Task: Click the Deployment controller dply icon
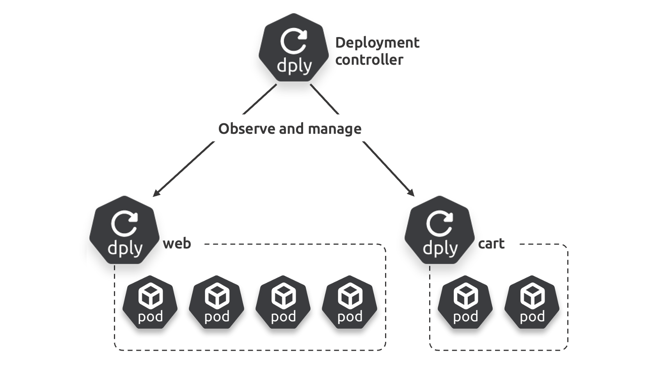(294, 48)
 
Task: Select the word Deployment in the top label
(377, 43)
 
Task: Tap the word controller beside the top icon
(369, 60)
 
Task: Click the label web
(177, 243)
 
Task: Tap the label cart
(491, 243)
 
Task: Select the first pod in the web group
(150, 302)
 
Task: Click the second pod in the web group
(217, 302)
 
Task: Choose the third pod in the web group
(283, 302)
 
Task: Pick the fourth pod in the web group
(350, 302)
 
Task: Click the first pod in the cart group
(465, 302)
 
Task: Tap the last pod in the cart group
(532, 302)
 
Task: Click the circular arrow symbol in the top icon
(293, 41)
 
